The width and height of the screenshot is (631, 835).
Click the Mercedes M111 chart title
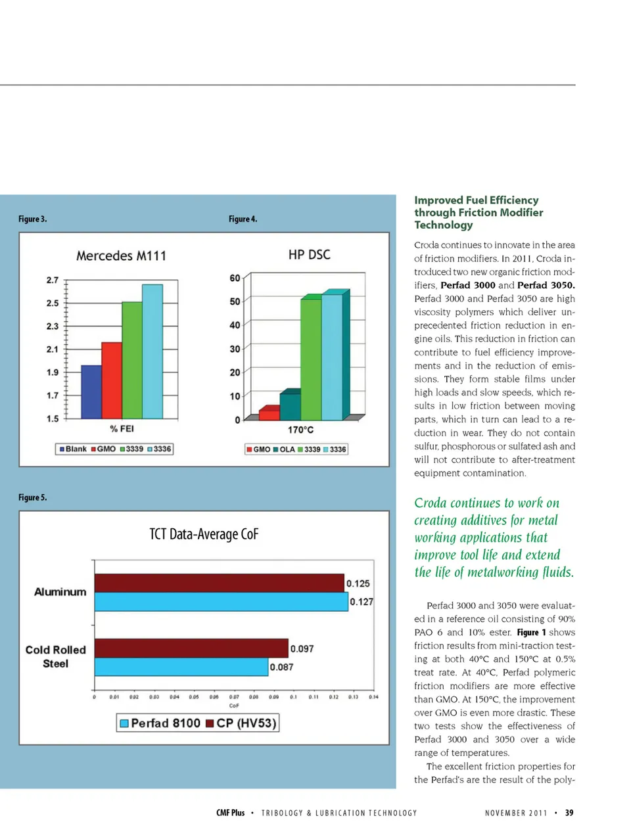click(x=121, y=256)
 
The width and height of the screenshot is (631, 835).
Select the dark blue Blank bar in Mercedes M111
click(x=91, y=392)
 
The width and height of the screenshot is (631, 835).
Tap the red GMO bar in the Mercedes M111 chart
click(x=112, y=380)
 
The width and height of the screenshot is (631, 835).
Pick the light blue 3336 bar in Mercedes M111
click(x=152, y=351)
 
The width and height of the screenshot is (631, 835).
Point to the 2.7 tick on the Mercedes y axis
click(x=53, y=280)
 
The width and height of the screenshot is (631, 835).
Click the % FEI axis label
click(x=122, y=429)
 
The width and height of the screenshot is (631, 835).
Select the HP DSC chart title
click(x=309, y=254)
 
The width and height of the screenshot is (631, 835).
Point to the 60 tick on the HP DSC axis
click(x=235, y=278)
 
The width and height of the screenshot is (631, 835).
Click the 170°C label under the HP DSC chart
click(x=300, y=430)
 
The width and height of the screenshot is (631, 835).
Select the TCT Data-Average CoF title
click(x=204, y=534)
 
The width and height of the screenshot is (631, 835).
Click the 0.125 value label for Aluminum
click(x=358, y=583)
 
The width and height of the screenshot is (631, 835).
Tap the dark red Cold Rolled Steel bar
click(x=191, y=648)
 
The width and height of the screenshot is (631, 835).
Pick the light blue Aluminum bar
click(x=221, y=602)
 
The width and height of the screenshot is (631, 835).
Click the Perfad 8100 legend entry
click(x=160, y=723)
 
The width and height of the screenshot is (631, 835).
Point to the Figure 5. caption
click(x=33, y=497)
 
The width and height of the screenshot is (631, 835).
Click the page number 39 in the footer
click(x=569, y=813)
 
